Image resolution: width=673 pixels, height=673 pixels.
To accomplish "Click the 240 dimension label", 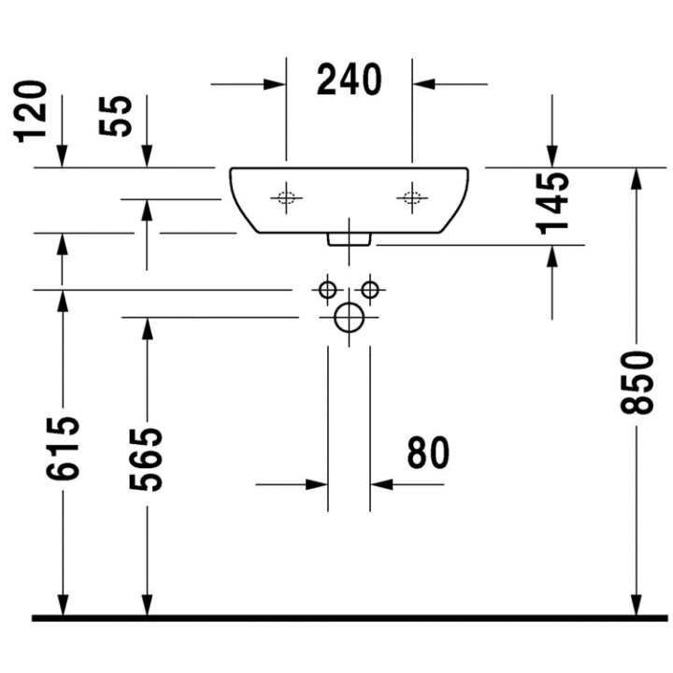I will coord(350,80).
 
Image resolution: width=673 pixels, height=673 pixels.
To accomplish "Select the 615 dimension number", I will coord(63,449).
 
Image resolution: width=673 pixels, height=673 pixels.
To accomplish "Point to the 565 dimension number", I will coord(147,459).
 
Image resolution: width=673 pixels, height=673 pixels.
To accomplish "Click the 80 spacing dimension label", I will coord(429,453).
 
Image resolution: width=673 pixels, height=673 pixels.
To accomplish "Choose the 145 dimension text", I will coord(553,201).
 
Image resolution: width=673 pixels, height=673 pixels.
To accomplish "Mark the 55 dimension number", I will coord(118,115).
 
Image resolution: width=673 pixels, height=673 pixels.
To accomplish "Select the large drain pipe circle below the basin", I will coord(349,318).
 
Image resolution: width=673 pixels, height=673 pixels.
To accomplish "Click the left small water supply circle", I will coord(327,290).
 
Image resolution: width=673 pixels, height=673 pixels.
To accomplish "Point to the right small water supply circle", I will coord(370,290).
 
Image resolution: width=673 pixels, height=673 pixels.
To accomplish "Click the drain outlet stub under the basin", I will coord(350,240).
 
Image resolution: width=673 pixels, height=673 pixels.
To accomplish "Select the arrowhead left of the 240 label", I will coord(275,84).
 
